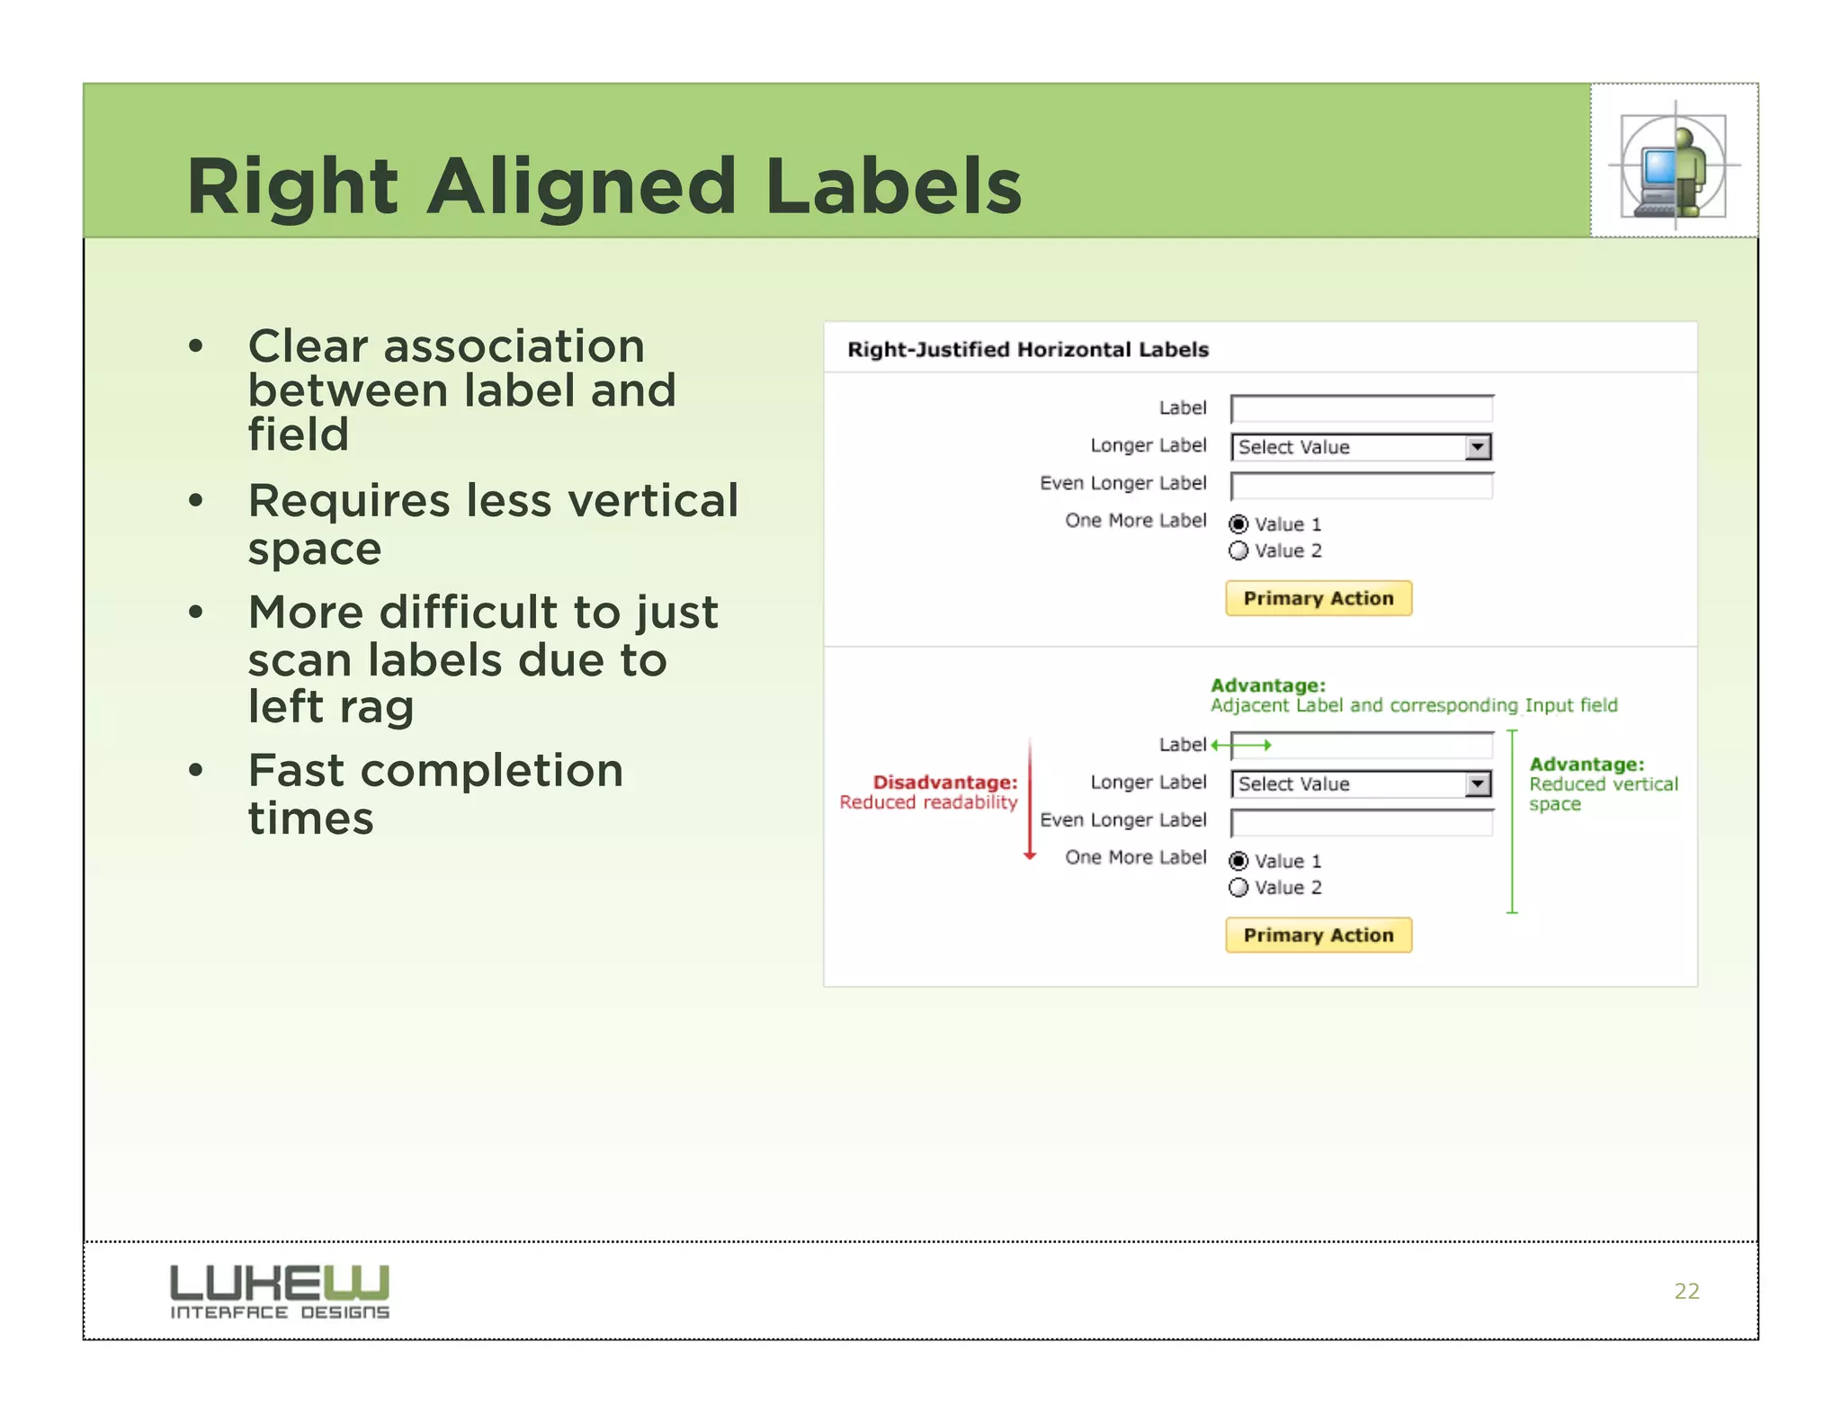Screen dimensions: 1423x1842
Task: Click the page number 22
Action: [x=1686, y=1291]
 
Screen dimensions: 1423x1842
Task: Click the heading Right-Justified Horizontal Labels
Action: [x=1027, y=350]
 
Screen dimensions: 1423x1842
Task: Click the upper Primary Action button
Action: [x=1318, y=598]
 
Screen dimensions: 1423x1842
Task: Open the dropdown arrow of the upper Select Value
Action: [x=1477, y=447]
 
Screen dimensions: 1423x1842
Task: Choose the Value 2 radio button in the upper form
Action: [x=1238, y=550]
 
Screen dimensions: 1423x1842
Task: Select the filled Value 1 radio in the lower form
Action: [x=1238, y=861]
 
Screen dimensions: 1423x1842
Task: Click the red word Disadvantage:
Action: [x=944, y=783]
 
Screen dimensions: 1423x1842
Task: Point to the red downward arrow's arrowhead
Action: [x=1030, y=855]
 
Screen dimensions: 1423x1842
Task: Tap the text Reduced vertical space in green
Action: [x=1603, y=793]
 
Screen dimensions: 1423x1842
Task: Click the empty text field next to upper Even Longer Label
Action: [x=1361, y=487]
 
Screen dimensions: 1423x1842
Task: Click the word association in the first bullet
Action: [x=514, y=346]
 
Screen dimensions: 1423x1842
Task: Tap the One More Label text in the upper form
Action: [x=1135, y=521]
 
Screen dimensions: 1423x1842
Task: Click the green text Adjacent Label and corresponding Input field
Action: [x=1413, y=705]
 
